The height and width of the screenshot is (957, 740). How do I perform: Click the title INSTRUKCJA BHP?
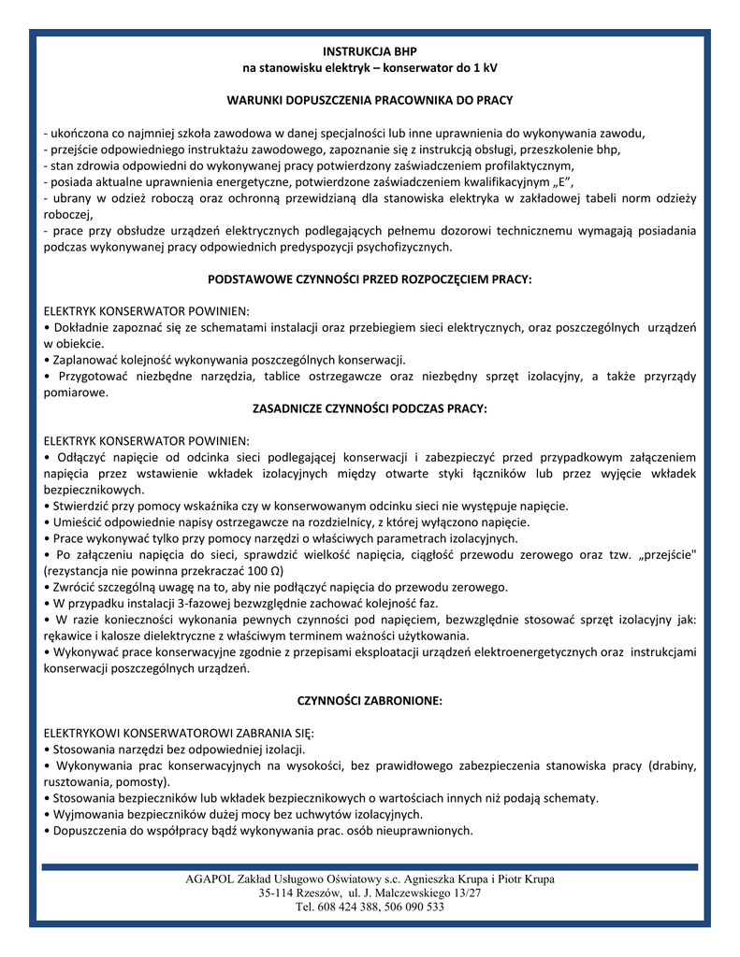370,51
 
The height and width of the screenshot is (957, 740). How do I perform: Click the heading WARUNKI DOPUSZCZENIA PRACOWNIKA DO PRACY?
370,99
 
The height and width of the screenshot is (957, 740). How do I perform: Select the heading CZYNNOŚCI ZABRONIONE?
370,700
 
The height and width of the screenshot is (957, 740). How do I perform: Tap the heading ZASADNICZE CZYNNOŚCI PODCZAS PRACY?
370,408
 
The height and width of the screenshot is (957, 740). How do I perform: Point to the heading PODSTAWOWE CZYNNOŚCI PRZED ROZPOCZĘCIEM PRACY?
370,279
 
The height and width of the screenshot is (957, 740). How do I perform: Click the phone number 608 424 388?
342,907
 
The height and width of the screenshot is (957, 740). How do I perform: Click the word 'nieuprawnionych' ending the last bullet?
421,830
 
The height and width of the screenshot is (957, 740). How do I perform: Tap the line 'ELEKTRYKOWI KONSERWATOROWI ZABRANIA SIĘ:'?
180,733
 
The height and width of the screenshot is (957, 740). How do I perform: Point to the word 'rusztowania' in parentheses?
77,781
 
